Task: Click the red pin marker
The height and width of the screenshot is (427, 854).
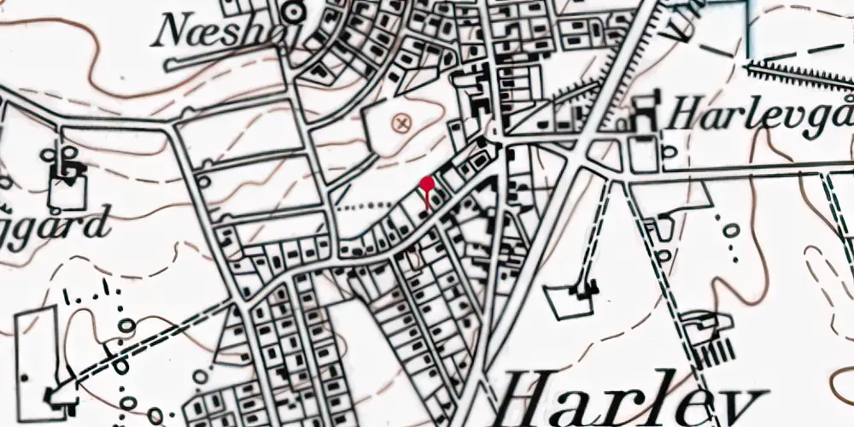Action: pyautogui.click(x=426, y=184)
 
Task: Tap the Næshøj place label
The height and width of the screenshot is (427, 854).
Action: pyautogui.click(x=213, y=33)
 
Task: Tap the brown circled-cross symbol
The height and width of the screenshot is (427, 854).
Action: pyautogui.click(x=401, y=124)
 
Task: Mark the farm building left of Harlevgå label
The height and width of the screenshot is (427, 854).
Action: pyautogui.click(x=646, y=117)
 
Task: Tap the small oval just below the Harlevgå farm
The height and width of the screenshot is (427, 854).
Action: pyautogui.click(x=669, y=153)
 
